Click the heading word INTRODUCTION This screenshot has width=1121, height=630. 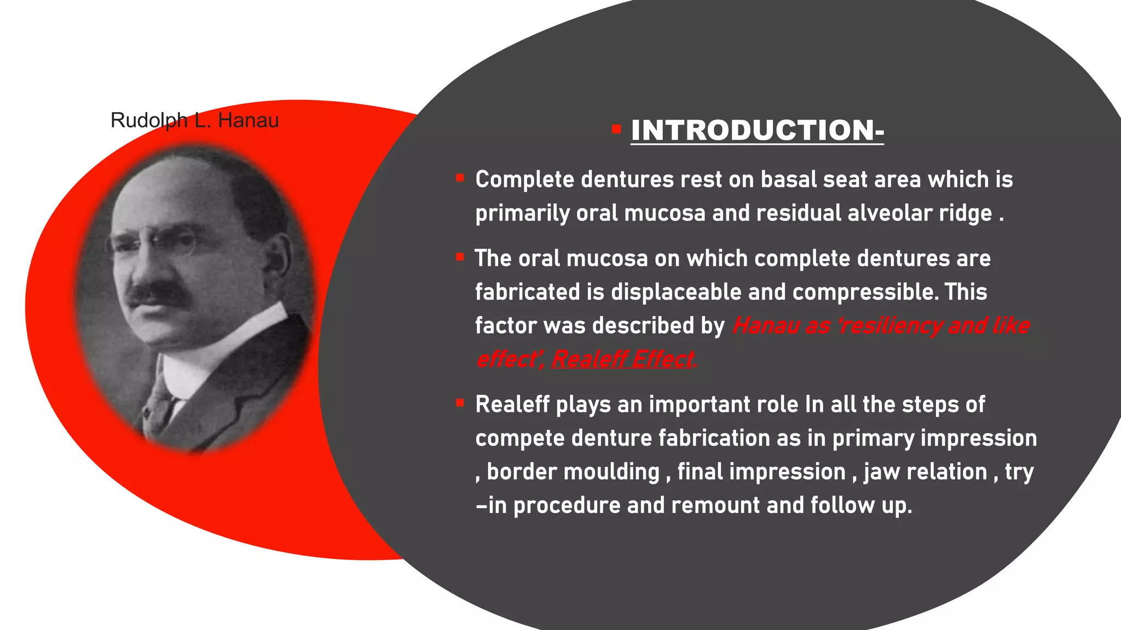coord(756,131)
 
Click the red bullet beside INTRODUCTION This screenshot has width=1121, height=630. coord(616,130)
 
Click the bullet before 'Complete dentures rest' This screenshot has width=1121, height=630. coord(460,178)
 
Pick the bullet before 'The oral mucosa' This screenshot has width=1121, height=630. coord(460,256)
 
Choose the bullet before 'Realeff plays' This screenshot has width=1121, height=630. coord(460,403)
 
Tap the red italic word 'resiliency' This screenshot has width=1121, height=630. coord(890,326)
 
